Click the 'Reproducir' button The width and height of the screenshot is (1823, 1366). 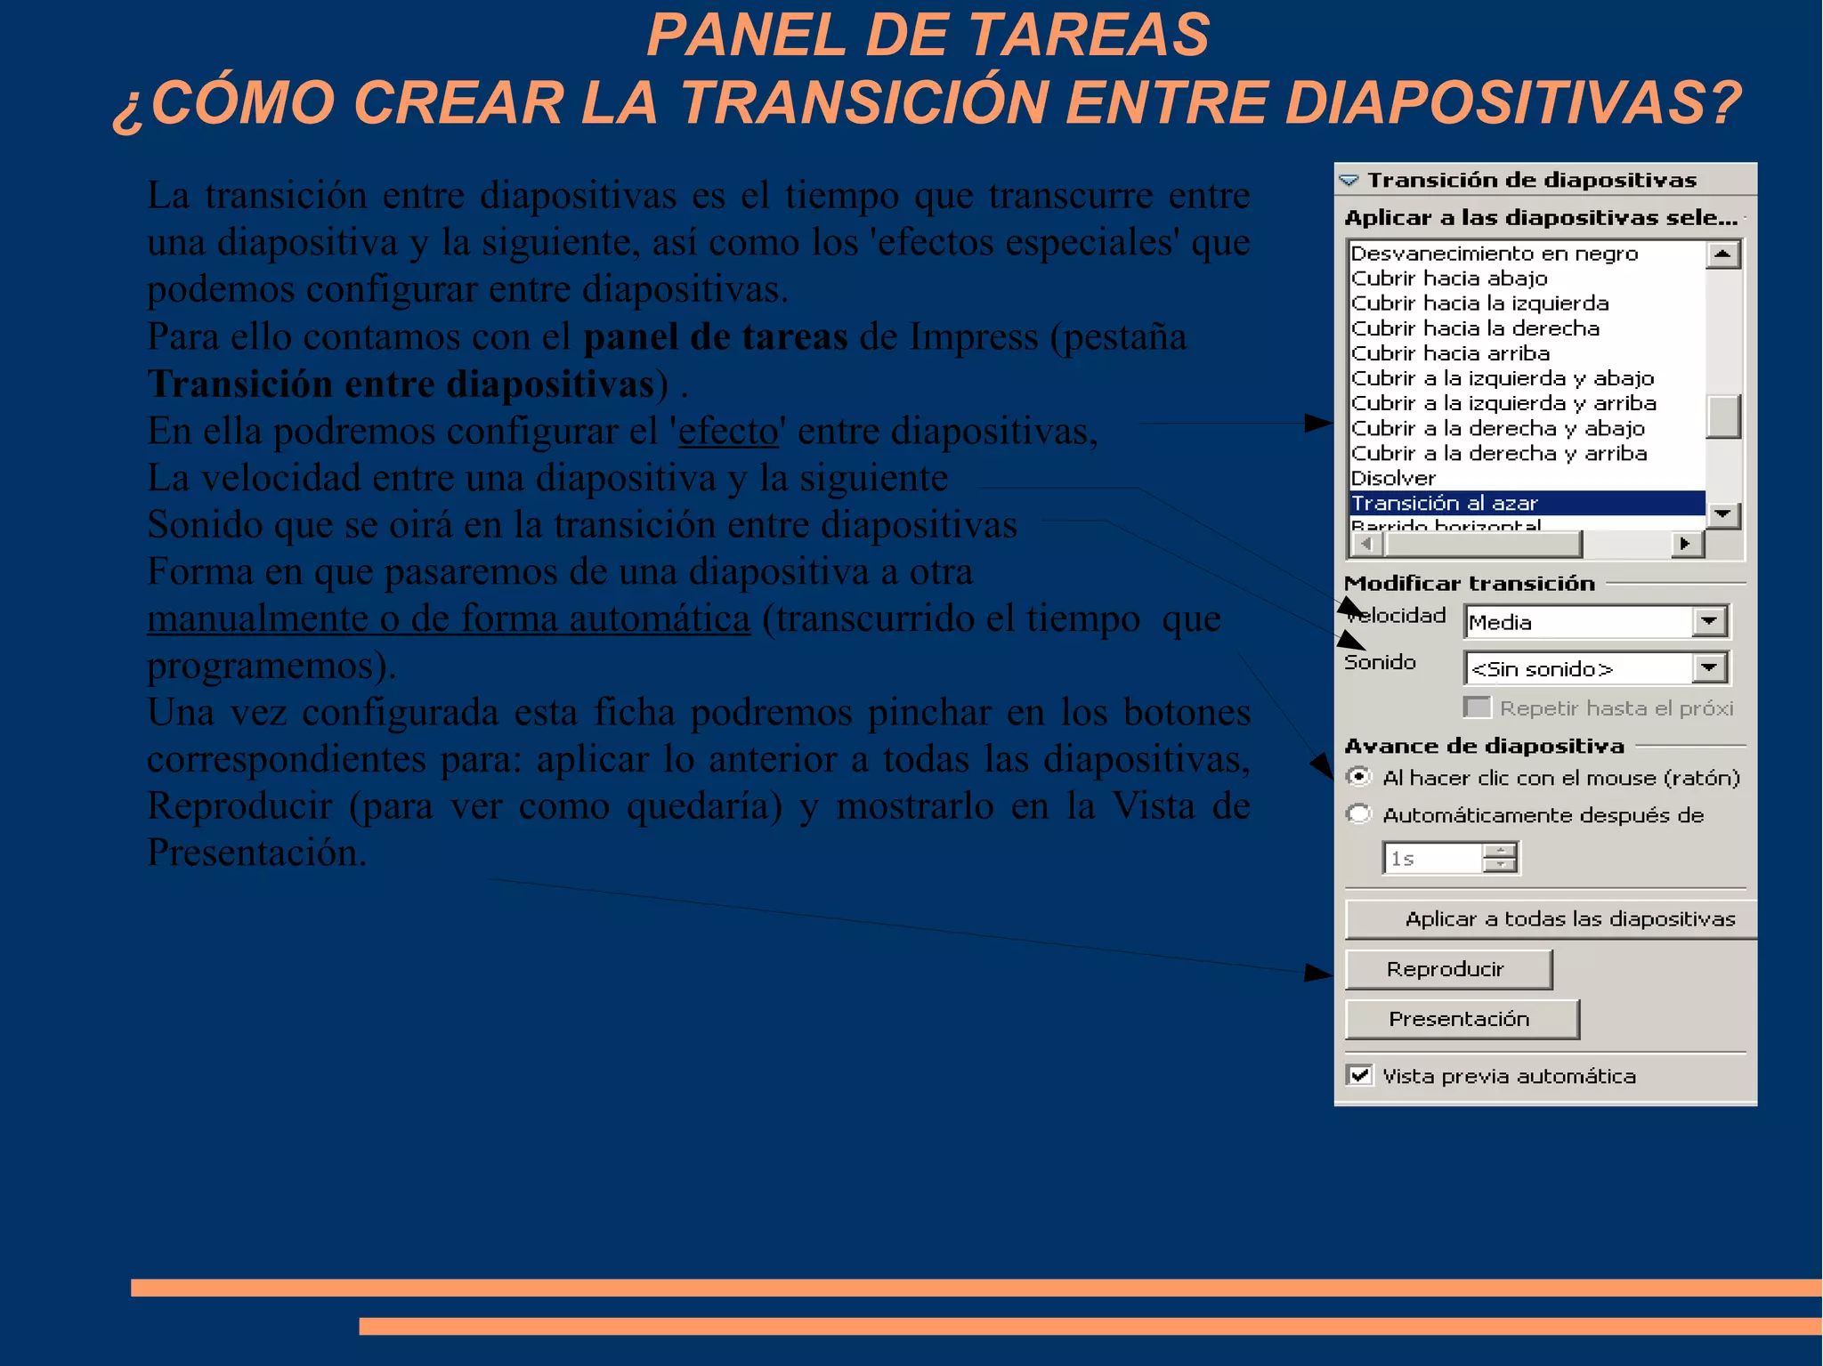coord(1447,969)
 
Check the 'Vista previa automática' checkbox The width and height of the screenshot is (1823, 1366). coord(1359,1075)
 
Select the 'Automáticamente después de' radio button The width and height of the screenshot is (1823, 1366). coord(1358,814)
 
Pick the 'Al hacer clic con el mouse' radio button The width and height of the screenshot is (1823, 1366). coord(1358,777)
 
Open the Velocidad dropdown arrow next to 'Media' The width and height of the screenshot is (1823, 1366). coord(1709,621)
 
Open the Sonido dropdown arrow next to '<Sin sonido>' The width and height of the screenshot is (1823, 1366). coord(1709,667)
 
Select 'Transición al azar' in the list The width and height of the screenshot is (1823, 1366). coord(1444,503)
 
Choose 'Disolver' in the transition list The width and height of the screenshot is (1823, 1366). coord(1394,478)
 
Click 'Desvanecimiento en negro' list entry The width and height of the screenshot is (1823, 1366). coord(1494,254)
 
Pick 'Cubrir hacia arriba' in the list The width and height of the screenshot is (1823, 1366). coord(1450,353)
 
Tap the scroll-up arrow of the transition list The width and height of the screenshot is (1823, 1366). coord(1723,255)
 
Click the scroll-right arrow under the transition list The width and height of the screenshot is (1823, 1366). coord(1684,543)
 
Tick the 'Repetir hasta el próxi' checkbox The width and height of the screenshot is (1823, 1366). coord(1477,707)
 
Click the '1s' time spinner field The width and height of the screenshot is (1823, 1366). coord(1431,859)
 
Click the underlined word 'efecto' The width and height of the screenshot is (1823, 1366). coord(728,432)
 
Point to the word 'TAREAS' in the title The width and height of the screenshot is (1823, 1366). coord(1088,36)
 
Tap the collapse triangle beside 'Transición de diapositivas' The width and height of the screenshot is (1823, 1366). coord(1349,181)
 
